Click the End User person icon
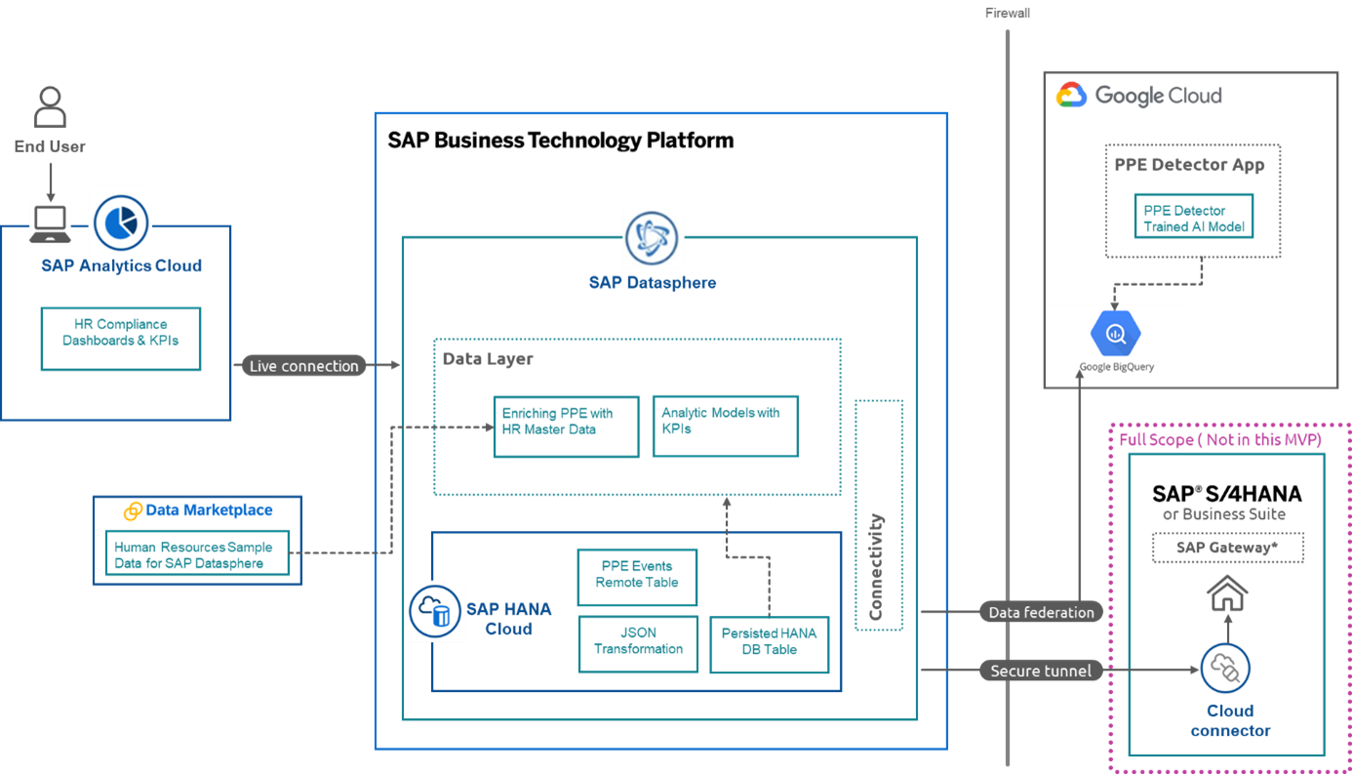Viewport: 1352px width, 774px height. point(50,106)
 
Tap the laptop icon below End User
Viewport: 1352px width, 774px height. point(50,224)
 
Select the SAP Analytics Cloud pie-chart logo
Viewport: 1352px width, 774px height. point(120,220)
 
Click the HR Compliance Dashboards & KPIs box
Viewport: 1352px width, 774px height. point(121,339)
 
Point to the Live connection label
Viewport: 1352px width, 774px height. point(304,366)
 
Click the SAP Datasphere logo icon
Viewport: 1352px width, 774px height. point(653,238)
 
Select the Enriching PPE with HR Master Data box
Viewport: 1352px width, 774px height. point(567,427)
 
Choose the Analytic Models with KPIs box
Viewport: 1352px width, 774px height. point(725,426)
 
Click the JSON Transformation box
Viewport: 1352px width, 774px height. point(638,644)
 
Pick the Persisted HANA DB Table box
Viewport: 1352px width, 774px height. point(769,645)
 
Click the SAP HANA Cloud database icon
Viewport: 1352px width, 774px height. point(435,611)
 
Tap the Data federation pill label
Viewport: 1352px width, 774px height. point(1041,612)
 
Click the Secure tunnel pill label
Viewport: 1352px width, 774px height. point(1041,671)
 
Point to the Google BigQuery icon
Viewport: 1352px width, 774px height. point(1116,335)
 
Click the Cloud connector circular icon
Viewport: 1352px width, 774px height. point(1225,669)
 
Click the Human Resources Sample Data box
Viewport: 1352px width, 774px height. point(198,553)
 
